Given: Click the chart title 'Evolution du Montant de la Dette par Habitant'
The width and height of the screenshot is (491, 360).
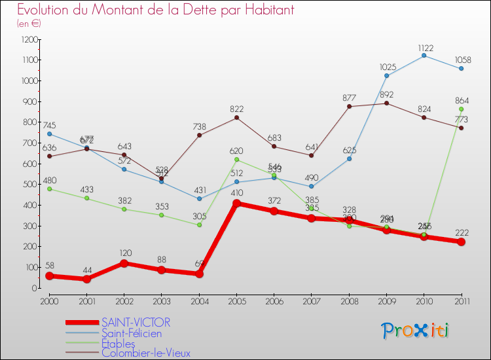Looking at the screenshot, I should (155, 10).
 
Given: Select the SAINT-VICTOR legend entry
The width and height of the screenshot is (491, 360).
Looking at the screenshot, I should (136, 322).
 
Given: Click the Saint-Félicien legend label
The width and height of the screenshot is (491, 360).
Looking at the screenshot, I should (132, 333).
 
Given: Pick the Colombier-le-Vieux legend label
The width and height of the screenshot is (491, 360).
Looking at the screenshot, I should (146, 353).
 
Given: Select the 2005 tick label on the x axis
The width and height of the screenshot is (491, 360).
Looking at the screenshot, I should (236, 300).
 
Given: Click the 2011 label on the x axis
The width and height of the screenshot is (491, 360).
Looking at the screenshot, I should (462, 300).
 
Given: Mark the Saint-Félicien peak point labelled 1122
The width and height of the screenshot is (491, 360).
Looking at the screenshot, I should (424, 56).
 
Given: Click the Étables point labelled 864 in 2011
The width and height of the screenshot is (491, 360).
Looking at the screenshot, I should (462, 109).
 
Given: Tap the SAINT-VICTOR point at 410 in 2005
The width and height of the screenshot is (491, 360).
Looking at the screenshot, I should (236, 203).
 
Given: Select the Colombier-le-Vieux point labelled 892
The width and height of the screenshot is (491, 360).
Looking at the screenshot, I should (386, 103).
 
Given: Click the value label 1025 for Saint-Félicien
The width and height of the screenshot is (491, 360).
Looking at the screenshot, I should (388, 67).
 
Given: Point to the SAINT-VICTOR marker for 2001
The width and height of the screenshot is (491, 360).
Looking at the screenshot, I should (86, 279).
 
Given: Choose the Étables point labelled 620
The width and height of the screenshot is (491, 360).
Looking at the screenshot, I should (236, 160).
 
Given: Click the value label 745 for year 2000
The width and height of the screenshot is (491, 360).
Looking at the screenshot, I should (49, 125).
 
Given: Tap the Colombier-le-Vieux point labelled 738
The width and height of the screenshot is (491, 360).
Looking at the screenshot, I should (199, 135).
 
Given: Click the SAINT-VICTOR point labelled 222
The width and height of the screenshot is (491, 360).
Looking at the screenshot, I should (462, 242).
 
